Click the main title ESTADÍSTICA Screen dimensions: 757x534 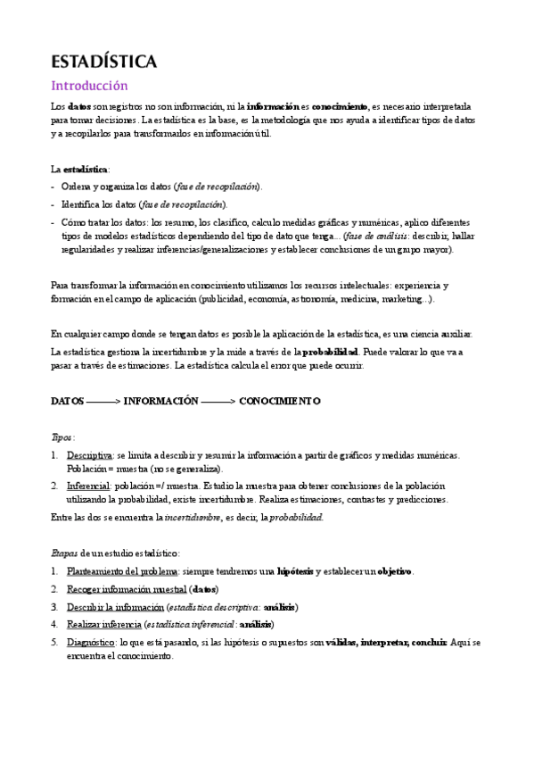[104, 62]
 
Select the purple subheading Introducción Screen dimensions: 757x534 [89, 86]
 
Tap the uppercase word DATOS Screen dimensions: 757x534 [68, 402]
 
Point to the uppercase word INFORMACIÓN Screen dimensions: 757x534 [160, 402]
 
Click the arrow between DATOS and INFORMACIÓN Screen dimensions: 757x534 [103, 402]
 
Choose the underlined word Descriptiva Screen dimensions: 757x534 [89, 455]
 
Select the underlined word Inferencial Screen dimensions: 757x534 [88, 487]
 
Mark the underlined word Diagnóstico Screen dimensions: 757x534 [90, 642]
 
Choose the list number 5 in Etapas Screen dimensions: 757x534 [54, 642]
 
